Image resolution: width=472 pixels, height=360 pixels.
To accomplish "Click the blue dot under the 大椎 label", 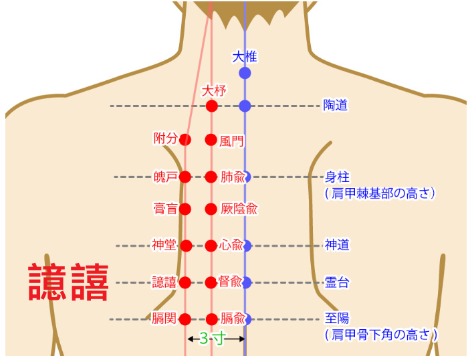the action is (245, 73).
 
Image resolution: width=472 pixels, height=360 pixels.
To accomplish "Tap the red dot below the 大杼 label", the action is (212, 106).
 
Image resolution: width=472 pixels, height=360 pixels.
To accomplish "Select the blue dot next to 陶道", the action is (245, 106).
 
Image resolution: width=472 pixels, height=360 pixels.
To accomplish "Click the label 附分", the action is (165, 139).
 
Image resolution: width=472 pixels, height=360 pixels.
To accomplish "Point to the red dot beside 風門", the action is (211, 140).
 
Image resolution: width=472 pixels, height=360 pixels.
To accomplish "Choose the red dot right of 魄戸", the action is (185, 177).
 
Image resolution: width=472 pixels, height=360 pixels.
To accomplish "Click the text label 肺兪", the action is (233, 177).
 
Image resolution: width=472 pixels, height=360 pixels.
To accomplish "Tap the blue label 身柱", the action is (337, 177).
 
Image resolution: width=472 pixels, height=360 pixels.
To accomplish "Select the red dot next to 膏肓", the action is (185, 209).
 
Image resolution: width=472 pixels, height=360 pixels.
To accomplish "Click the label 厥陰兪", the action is (239, 209).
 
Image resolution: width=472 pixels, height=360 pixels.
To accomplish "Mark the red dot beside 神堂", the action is (187, 246).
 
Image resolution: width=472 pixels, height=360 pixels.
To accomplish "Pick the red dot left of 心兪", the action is (211, 246).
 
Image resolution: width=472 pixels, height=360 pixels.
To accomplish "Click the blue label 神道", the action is (337, 245).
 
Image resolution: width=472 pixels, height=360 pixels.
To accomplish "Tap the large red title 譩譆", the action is (69, 282).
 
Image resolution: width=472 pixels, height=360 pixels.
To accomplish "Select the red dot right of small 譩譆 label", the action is (185, 282).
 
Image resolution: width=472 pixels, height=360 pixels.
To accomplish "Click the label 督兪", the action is (230, 281).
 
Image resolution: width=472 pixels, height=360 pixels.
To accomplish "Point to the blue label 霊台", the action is (337, 282).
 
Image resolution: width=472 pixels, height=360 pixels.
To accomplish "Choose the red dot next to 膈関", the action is (185, 319).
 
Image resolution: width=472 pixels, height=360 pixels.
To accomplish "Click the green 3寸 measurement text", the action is (212, 339).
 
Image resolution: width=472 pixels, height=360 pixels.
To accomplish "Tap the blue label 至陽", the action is (337, 319).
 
